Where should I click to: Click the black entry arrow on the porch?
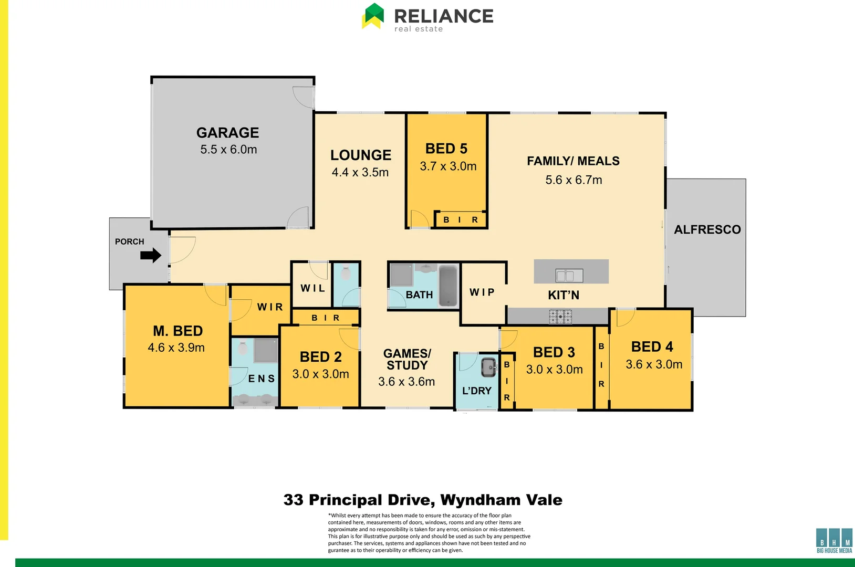coord(151,256)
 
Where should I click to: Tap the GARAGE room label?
coord(228,133)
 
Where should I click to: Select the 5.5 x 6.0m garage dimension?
coord(228,150)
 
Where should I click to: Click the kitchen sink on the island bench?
coord(569,275)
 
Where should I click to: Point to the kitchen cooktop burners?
coord(560,317)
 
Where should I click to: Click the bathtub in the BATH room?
coord(448,286)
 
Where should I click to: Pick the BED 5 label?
coord(446,149)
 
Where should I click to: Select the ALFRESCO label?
coord(707,230)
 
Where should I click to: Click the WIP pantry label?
coord(482,292)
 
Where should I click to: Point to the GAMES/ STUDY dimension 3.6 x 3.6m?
coord(406,382)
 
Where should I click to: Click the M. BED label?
coord(178,331)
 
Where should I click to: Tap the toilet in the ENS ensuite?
coord(242,348)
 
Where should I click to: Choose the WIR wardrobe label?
coord(270,307)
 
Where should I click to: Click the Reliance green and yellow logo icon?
coord(373,16)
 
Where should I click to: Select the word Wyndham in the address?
coord(480,500)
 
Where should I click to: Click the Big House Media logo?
coord(834,540)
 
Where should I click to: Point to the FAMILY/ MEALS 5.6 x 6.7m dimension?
coord(574,180)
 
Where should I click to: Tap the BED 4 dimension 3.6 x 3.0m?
coord(654,364)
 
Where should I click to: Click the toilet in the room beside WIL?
coord(346,274)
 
